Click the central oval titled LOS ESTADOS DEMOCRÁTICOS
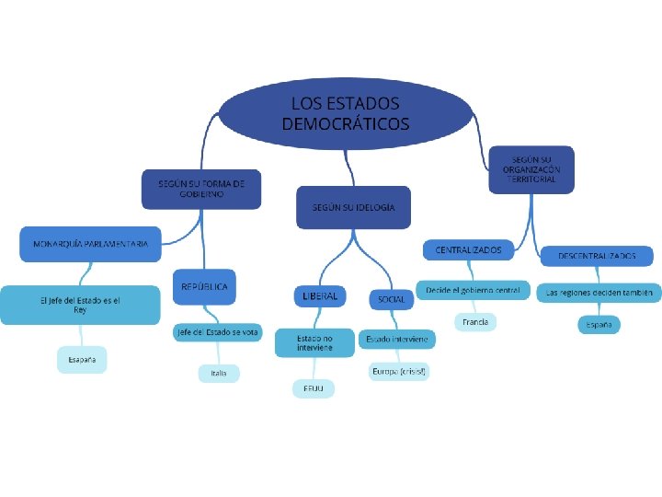(x=345, y=113)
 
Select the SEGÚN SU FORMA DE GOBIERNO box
(x=201, y=189)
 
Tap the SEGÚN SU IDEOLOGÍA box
(x=353, y=207)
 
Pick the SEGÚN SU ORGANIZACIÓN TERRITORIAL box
(x=530, y=169)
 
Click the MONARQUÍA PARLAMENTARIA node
(x=90, y=244)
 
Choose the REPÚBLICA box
(x=204, y=286)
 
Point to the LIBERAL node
(x=320, y=296)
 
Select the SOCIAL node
(x=391, y=300)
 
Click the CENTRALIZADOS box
(x=468, y=249)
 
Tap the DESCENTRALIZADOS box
(x=596, y=255)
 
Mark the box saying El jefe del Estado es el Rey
(x=80, y=305)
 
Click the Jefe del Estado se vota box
(x=217, y=332)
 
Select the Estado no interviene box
(x=314, y=343)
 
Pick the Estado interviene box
(x=396, y=340)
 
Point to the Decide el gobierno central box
(x=473, y=290)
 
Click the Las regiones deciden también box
(x=599, y=293)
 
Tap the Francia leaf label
(x=475, y=322)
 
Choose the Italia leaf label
(x=219, y=373)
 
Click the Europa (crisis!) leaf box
(x=399, y=371)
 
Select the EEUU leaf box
(x=314, y=389)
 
